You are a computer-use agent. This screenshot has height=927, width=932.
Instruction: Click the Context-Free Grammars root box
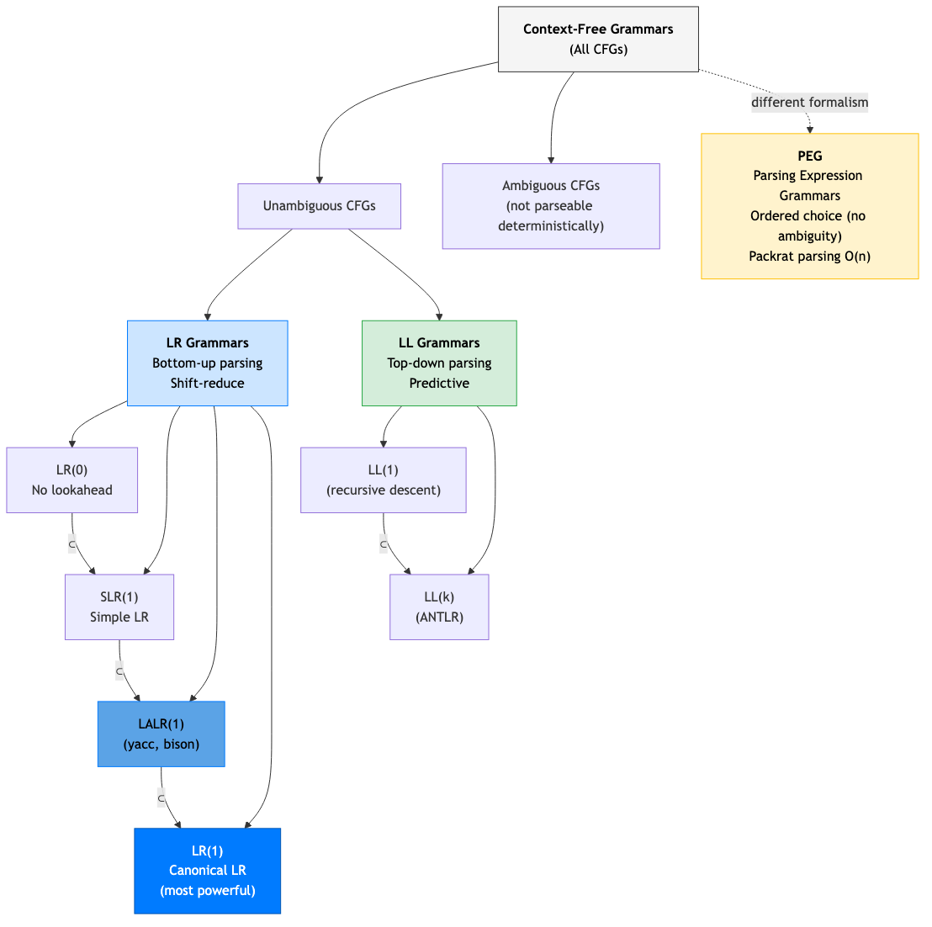(598, 40)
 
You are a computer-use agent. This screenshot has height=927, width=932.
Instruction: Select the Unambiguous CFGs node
(319, 206)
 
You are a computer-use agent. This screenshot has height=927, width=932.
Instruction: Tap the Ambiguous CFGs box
(551, 206)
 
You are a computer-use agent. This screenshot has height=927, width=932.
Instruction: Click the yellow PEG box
(809, 206)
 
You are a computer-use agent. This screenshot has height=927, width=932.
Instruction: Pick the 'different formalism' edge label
(809, 103)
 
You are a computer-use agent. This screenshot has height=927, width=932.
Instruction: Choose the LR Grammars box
(207, 363)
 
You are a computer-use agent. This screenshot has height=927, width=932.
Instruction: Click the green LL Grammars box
(439, 363)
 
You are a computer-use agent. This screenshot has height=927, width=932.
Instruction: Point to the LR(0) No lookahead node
(72, 480)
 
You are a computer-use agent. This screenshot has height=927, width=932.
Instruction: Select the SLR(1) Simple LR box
(119, 607)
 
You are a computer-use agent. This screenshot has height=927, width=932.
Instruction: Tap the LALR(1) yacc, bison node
(162, 734)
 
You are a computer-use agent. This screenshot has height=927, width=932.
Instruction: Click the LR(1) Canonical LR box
(208, 871)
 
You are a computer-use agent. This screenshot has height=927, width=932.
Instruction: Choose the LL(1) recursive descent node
(384, 480)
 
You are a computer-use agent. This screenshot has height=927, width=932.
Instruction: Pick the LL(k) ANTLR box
(439, 607)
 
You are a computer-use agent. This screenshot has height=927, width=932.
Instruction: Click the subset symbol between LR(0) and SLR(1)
(72, 544)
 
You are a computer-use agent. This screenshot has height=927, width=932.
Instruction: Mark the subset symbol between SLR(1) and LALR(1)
(119, 671)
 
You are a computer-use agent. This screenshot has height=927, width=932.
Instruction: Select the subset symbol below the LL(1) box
(384, 544)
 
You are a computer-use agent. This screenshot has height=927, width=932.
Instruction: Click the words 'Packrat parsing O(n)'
(809, 257)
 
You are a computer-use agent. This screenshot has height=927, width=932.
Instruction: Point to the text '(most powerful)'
(208, 891)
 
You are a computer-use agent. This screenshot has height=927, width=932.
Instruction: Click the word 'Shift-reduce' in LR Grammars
(207, 384)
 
